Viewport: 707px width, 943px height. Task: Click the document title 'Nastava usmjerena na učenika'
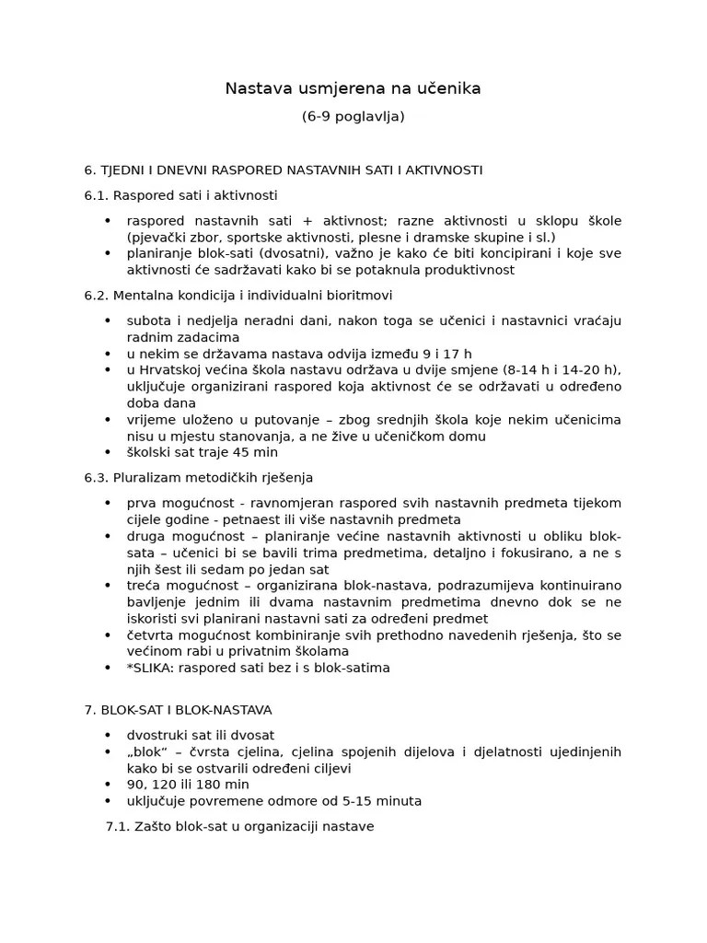pyautogui.click(x=353, y=88)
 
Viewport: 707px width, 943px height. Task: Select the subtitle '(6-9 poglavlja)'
pyautogui.click(x=353, y=117)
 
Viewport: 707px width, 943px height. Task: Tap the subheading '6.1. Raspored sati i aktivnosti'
pyautogui.click(x=180, y=196)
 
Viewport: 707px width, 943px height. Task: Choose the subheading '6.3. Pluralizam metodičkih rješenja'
pyautogui.click(x=198, y=478)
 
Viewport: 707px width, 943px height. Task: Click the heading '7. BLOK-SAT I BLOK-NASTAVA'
pyautogui.click(x=178, y=710)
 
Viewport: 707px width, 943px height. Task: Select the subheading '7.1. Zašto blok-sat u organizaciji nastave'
pyautogui.click(x=239, y=826)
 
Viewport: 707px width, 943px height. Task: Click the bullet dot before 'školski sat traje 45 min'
pyautogui.click(x=108, y=453)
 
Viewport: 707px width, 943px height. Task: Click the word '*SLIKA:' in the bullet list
pyautogui.click(x=151, y=668)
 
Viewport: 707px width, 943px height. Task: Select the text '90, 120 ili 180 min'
pyautogui.click(x=188, y=785)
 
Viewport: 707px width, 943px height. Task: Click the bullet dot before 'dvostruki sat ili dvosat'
pyautogui.click(x=108, y=736)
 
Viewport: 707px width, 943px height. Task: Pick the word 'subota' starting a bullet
pyautogui.click(x=147, y=320)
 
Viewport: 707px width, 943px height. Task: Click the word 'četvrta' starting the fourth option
pyautogui.click(x=151, y=635)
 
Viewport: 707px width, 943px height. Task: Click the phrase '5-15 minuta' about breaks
pyautogui.click(x=383, y=801)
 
